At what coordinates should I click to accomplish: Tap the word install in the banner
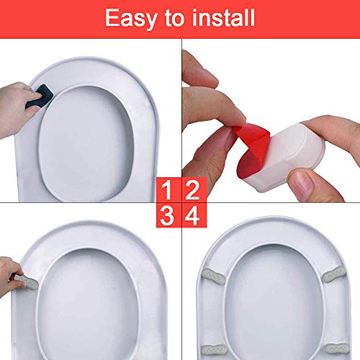(223, 17)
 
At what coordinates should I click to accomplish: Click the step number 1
(167, 190)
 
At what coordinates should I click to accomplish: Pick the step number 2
(192, 190)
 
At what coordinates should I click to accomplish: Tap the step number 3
(167, 216)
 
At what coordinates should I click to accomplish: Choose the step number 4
(192, 216)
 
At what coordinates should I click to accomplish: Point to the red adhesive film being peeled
(252, 149)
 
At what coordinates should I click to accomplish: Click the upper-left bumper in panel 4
(213, 276)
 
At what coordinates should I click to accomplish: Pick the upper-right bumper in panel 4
(333, 274)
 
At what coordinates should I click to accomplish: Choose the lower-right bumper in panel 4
(336, 349)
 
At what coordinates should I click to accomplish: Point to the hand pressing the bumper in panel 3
(11, 276)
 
